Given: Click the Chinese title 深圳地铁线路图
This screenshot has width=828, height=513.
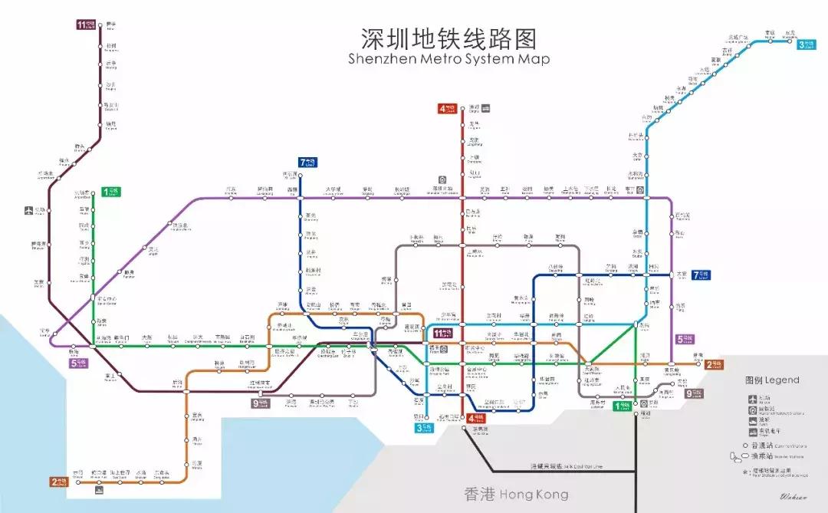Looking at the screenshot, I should pyautogui.click(x=449, y=38).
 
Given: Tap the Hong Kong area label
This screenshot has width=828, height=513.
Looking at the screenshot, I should pyautogui.click(x=516, y=494).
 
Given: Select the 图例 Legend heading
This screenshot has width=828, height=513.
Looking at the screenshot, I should pyautogui.click(x=771, y=380).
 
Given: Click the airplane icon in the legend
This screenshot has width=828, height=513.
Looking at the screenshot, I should pyautogui.click(x=752, y=398).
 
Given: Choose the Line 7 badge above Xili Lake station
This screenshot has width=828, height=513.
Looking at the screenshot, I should pyautogui.click(x=309, y=162).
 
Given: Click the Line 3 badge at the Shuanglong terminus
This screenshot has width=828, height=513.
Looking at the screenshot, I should pyautogui.click(x=806, y=44).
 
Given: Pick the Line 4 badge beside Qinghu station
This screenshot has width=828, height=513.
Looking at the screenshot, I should pyautogui.click(x=448, y=108).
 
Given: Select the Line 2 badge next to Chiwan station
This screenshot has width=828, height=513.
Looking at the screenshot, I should pyautogui.click(x=59, y=482).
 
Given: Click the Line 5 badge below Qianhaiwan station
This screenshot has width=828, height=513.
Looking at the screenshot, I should pyautogui.click(x=77, y=363).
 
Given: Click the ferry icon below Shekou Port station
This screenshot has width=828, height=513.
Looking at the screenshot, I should pyautogui.click(x=99, y=488).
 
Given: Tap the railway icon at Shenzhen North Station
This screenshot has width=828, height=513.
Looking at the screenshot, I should pyautogui.click(x=442, y=179).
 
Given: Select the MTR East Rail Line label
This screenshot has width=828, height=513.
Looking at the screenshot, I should pyautogui.click(x=567, y=466).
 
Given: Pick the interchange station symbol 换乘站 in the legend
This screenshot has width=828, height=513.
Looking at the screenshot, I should pyautogui.click(x=737, y=458).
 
